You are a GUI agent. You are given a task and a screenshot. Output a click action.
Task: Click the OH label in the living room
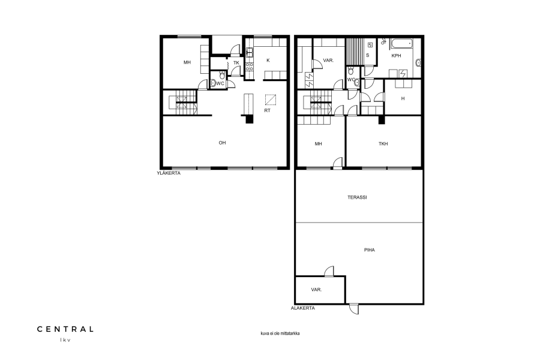click(x=222, y=143)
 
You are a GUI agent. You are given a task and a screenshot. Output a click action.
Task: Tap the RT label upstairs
click(x=267, y=110)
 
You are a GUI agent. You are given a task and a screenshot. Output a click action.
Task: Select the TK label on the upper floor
click(x=236, y=62)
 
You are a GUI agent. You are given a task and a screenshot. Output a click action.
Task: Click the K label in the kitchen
click(x=268, y=60)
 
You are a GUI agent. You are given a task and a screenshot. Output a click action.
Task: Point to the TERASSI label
click(x=357, y=197)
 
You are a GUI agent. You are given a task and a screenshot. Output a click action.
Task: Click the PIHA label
click(x=370, y=250)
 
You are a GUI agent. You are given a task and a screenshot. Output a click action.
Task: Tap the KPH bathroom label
click(x=396, y=55)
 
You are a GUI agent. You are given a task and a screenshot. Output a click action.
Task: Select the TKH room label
click(x=383, y=143)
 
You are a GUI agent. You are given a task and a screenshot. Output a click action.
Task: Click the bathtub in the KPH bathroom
click(x=401, y=44)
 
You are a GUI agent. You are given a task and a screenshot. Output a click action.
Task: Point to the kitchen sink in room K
click(x=250, y=52)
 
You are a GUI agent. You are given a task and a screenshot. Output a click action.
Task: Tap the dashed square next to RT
click(x=271, y=100)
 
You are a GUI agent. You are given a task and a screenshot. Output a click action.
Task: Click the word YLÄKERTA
click(x=169, y=173)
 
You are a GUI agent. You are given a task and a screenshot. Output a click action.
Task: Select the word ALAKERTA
click(x=303, y=308)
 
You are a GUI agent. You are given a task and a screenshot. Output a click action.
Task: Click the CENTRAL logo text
click(x=65, y=329)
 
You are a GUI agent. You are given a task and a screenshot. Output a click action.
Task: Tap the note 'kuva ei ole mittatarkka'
click(x=280, y=334)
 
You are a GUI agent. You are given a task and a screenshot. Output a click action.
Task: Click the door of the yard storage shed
click(x=329, y=271)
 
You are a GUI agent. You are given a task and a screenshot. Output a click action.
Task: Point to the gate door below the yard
click(x=353, y=309)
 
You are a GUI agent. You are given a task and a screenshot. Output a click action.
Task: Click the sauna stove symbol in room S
click(x=370, y=45)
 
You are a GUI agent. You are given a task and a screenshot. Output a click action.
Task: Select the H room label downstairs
click(x=403, y=98)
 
